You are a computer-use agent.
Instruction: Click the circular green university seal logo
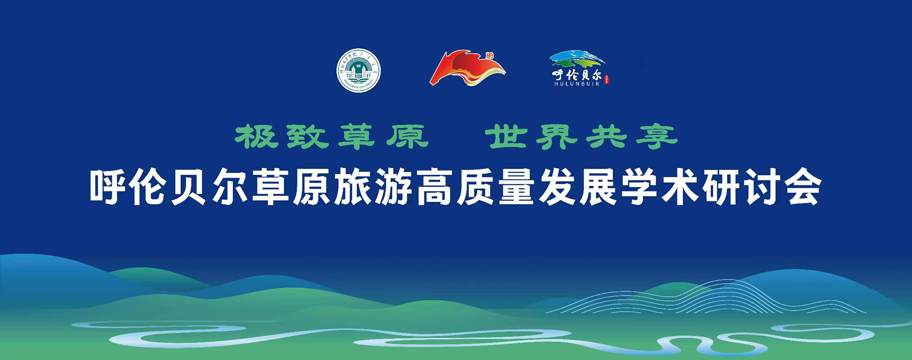[359, 70]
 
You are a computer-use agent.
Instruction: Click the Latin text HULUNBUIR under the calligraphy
[577, 84]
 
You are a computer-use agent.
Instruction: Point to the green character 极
[256, 136]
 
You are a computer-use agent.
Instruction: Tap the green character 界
[556, 136]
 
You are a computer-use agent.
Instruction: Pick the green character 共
[606, 136]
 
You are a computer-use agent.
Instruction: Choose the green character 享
[656, 136]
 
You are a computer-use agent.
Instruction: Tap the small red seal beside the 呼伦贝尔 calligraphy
[607, 79]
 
